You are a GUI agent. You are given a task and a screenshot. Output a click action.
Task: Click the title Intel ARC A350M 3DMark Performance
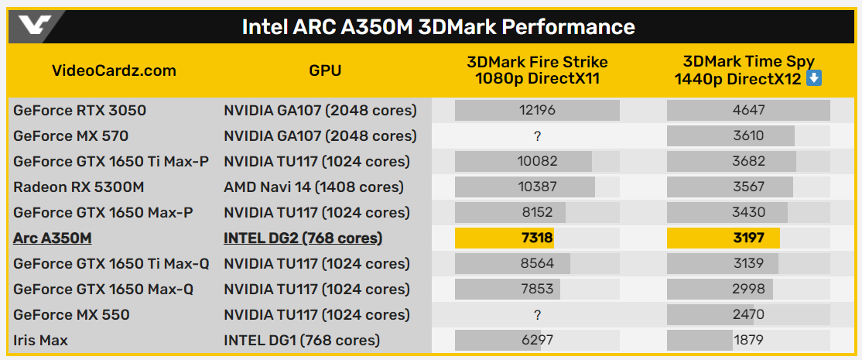click(x=438, y=27)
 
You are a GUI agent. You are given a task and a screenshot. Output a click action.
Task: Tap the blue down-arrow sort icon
click(x=813, y=78)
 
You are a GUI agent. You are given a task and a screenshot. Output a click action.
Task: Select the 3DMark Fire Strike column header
click(x=537, y=70)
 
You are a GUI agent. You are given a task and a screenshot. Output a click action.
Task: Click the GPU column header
click(x=325, y=70)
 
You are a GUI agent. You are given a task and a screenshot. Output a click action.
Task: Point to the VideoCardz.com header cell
click(x=114, y=70)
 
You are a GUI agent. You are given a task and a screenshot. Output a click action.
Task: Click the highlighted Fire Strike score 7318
click(x=537, y=238)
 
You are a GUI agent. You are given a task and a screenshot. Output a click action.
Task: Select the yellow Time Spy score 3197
click(x=748, y=238)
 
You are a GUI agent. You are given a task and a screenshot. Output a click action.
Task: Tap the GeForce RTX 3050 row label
click(x=80, y=110)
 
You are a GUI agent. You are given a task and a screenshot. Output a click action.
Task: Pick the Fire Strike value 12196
click(x=537, y=110)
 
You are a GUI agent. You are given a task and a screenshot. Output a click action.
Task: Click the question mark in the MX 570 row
click(x=537, y=136)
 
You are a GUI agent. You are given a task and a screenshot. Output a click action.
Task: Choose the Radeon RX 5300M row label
click(x=79, y=187)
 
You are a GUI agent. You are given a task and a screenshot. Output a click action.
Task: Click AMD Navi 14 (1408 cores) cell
click(x=313, y=187)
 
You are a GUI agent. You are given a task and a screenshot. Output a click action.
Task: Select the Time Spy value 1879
click(x=748, y=340)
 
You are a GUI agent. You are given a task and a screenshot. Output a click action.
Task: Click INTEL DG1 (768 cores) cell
click(x=302, y=340)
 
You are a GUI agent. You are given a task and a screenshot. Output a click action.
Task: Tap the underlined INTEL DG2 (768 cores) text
click(x=303, y=238)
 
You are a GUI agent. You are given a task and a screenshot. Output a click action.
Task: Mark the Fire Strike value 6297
click(x=537, y=340)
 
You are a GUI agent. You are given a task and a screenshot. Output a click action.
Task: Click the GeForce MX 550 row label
click(x=71, y=314)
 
